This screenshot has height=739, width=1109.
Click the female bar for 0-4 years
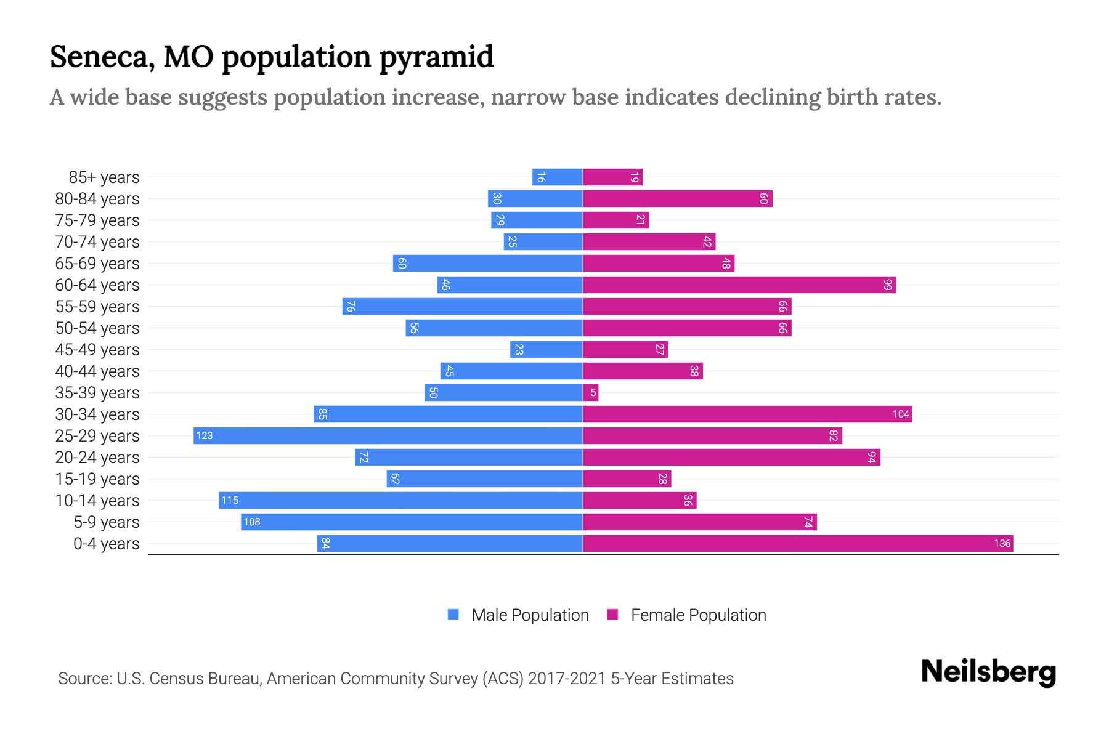coord(798,544)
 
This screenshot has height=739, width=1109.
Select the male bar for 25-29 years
coord(388,436)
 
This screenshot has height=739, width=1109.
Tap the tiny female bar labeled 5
coord(591,393)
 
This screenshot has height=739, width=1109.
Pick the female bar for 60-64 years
coord(739,285)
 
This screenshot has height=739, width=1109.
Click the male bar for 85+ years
coord(558,177)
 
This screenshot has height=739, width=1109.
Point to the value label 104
coord(901,414)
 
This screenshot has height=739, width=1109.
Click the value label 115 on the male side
coord(230,501)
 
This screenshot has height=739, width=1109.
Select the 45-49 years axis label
coord(97,350)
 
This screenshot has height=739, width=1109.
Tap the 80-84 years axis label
coord(97,199)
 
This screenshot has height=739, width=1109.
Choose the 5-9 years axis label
coord(107,522)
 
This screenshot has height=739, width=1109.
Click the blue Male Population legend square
coord(453,615)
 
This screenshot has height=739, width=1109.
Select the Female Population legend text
coord(698,615)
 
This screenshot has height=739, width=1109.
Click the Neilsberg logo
coord(988,672)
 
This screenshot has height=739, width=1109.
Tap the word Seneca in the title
coord(102,57)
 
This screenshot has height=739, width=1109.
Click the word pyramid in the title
coord(436,58)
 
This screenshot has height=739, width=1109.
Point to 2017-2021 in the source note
coord(567,679)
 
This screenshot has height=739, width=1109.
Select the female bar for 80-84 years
coord(678,199)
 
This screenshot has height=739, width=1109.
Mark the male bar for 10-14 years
coord(400,501)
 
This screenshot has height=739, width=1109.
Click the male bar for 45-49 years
coord(546,350)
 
